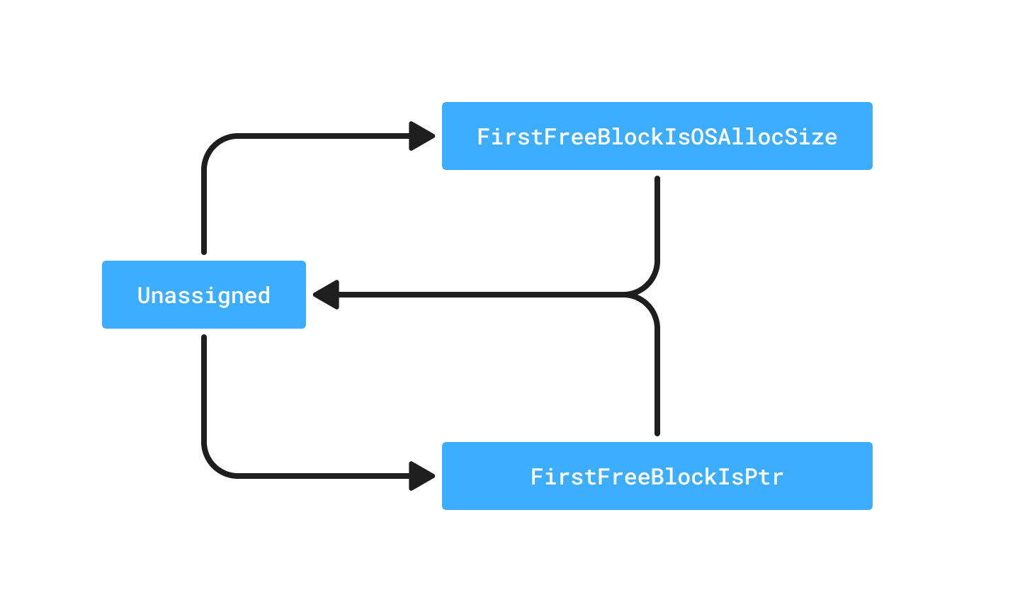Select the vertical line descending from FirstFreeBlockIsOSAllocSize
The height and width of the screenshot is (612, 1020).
click(657, 220)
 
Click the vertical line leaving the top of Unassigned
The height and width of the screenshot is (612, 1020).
click(204, 212)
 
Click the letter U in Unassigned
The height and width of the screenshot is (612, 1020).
click(143, 295)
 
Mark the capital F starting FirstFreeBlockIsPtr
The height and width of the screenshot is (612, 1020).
click(537, 477)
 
